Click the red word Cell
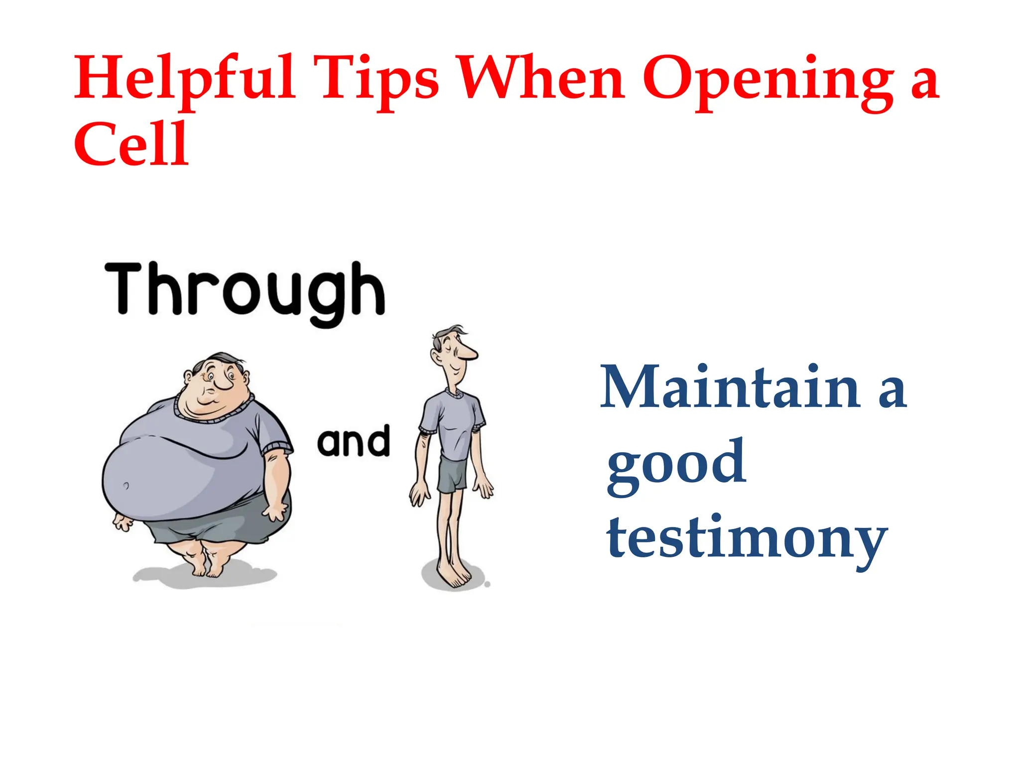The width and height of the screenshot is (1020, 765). coord(131,144)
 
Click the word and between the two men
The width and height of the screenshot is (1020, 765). coord(353,442)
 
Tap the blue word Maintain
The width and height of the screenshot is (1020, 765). coord(730,387)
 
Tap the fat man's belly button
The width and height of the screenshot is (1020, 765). coord(126,485)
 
